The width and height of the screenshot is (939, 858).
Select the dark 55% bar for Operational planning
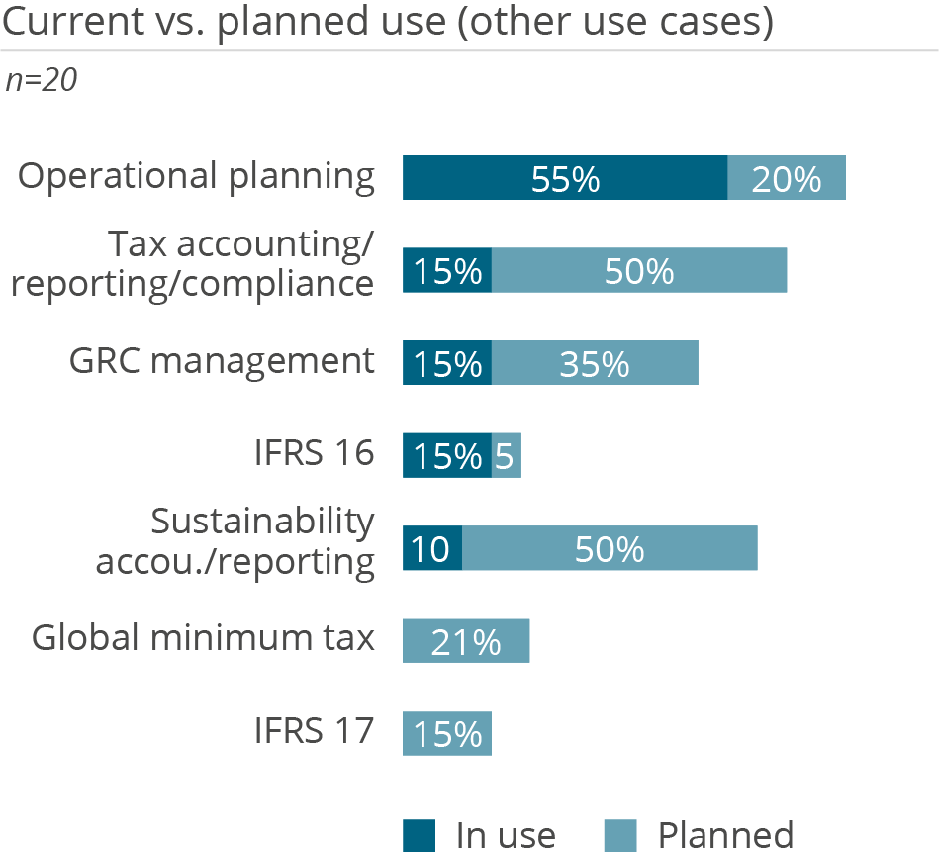tap(565, 178)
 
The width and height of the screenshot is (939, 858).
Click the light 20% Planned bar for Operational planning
tap(787, 178)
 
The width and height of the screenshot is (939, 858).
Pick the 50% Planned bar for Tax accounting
tap(639, 271)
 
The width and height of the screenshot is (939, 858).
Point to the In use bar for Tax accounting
tap(447, 271)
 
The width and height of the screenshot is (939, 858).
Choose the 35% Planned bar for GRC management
tap(595, 363)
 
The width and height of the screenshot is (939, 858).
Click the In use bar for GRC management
tap(447, 363)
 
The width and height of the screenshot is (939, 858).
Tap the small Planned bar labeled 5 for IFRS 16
tap(507, 456)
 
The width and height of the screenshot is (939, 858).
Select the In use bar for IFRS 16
tap(447, 456)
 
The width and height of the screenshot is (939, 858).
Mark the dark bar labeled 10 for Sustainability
tap(432, 549)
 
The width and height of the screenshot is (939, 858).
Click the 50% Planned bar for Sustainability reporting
tap(610, 549)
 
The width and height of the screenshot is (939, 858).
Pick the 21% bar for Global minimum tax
tap(466, 641)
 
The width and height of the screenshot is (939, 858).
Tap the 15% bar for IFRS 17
tap(447, 734)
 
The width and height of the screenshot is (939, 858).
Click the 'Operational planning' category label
tap(197, 177)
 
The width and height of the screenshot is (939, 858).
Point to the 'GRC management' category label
tap(222, 361)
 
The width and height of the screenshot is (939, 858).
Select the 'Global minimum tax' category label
tap(203, 638)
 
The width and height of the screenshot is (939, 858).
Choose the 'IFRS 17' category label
tap(312, 732)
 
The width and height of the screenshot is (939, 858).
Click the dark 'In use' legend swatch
tap(420, 835)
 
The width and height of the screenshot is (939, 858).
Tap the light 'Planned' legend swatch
tap(621, 835)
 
